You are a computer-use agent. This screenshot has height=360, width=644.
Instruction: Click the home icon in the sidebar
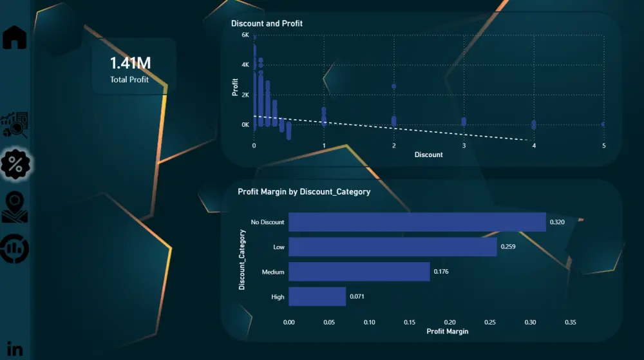pos(15,37)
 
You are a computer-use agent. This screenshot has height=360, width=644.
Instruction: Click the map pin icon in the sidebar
pos(15,207)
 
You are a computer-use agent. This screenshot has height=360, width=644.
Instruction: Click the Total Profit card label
pos(129,80)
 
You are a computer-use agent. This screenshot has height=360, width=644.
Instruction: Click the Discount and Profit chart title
pos(267,24)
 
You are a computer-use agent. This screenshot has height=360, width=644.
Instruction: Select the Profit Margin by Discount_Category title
pos(304,191)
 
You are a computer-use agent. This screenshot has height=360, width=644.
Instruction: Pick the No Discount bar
pos(417,222)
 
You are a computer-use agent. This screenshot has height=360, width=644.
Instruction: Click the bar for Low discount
pos(392,247)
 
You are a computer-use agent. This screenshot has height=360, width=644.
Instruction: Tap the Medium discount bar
pos(359,272)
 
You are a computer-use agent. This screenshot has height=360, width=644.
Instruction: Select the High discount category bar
pos(317,296)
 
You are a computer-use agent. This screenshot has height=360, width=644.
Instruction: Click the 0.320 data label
pos(557,222)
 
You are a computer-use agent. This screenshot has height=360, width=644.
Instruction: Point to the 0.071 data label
pos(357,296)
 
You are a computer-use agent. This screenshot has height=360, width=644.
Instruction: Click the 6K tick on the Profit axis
pos(245,35)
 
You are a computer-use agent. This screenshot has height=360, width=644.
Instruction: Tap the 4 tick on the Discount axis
pos(534,146)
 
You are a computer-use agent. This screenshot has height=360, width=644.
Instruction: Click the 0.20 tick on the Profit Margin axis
pos(450,321)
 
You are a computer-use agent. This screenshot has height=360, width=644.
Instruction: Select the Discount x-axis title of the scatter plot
pos(428,155)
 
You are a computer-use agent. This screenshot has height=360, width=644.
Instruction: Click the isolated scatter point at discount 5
pos(603,124)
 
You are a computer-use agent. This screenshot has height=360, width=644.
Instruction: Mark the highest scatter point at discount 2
pos(393,86)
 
